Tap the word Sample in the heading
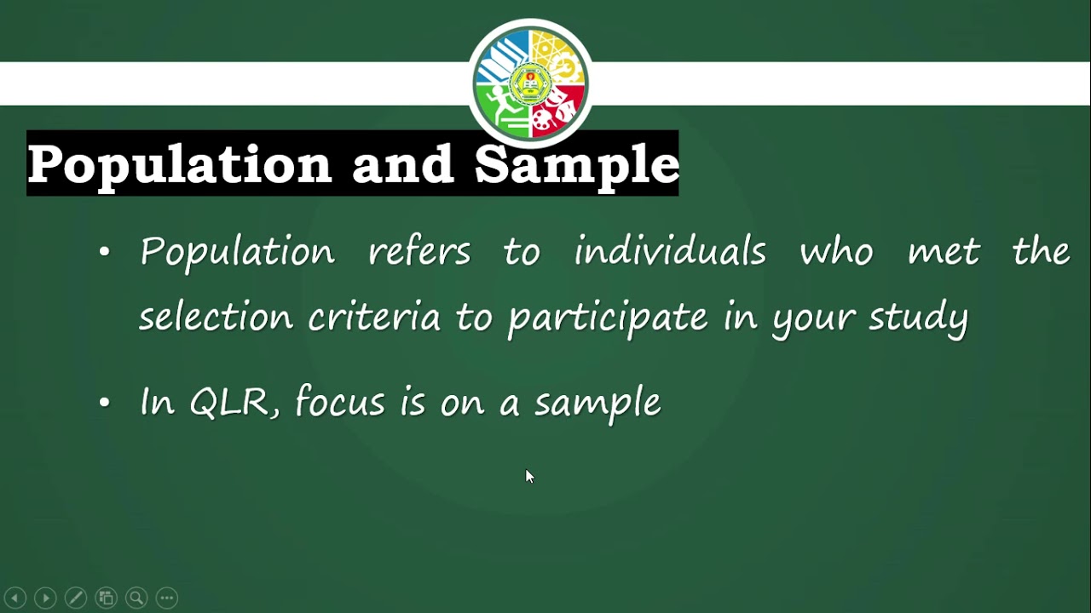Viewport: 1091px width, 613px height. coord(576,163)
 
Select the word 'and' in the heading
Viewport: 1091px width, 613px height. coord(402,163)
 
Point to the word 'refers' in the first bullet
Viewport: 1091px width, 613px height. coord(419,252)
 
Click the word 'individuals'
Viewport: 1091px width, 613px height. coord(670,252)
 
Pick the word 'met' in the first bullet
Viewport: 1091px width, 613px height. coord(944,252)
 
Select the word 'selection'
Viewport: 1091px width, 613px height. coord(216,318)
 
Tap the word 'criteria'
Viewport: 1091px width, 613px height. coord(374,318)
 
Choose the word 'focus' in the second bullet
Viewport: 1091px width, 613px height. coord(340,402)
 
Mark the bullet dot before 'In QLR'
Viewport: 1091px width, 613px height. coord(105,403)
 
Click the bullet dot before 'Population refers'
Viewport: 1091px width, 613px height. coord(105,252)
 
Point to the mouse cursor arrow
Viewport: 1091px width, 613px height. coord(528,476)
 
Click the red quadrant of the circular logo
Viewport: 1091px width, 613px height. coord(556,111)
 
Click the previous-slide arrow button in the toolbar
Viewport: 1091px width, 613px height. coord(15,598)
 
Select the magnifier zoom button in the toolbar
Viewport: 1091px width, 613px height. coord(136,598)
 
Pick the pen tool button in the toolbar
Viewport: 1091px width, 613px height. coord(76,598)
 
